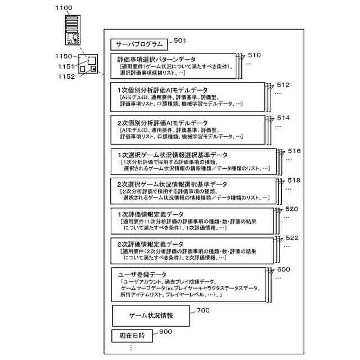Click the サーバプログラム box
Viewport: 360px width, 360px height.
point(139,44)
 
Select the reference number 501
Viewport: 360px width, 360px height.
point(180,40)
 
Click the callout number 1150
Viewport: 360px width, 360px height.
point(64,56)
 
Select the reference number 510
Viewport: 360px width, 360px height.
point(254,55)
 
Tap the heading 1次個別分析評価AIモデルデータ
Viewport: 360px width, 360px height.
point(162,90)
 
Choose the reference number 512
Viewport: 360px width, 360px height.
point(283,85)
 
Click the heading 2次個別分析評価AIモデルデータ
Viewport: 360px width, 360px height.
point(162,123)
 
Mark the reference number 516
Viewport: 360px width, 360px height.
point(294,151)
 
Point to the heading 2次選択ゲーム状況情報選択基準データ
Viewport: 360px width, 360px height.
point(172,184)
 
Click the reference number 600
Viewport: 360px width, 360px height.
point(283,270)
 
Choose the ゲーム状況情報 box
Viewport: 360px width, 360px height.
point(151,316)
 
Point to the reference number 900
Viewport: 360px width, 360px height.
point(165,332)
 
